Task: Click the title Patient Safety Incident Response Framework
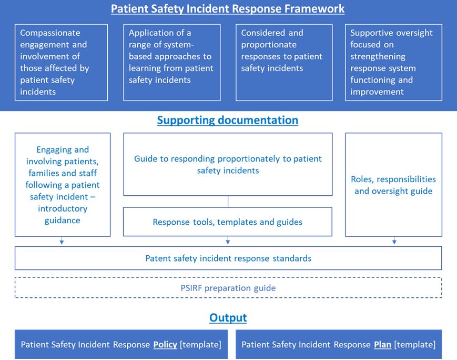click(x=228, y=9)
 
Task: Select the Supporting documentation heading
click(x=228, y=120)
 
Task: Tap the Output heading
click(x=228, y=317)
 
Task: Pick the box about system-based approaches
click(x=172, y=62)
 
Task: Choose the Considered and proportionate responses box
click(x=284, y=62)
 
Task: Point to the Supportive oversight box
click(x=393, y=62)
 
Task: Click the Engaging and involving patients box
click(x=63, y=185)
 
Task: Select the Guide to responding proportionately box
click(x=228, y=164)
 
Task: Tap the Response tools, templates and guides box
click(x=228, y=222)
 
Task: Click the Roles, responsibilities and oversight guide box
click(x=393, y=185)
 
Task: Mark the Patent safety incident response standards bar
click(x=228, y=258)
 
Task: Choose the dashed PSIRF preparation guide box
click(x=228, y=288)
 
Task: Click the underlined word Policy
click(x=166, y=345)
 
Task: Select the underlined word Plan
click(x=382, y=345)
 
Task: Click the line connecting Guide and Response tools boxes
click(x=228, y=201)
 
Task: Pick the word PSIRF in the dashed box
click(x=191, y=288)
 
